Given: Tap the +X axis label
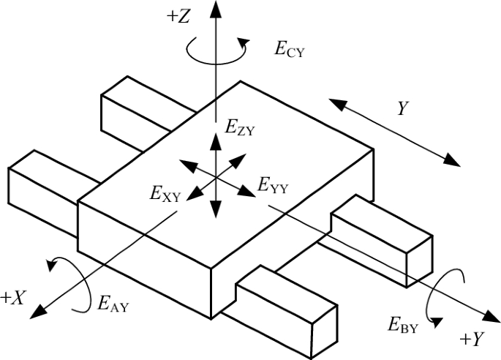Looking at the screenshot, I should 14,296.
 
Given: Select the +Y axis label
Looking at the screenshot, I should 472,340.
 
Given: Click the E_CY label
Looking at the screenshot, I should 289,50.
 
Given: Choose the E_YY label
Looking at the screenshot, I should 274,187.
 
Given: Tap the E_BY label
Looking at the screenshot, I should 403,326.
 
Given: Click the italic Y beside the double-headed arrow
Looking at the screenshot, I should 402,109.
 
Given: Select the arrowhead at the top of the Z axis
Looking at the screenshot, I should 214,9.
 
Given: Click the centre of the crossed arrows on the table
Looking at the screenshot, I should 215,176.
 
